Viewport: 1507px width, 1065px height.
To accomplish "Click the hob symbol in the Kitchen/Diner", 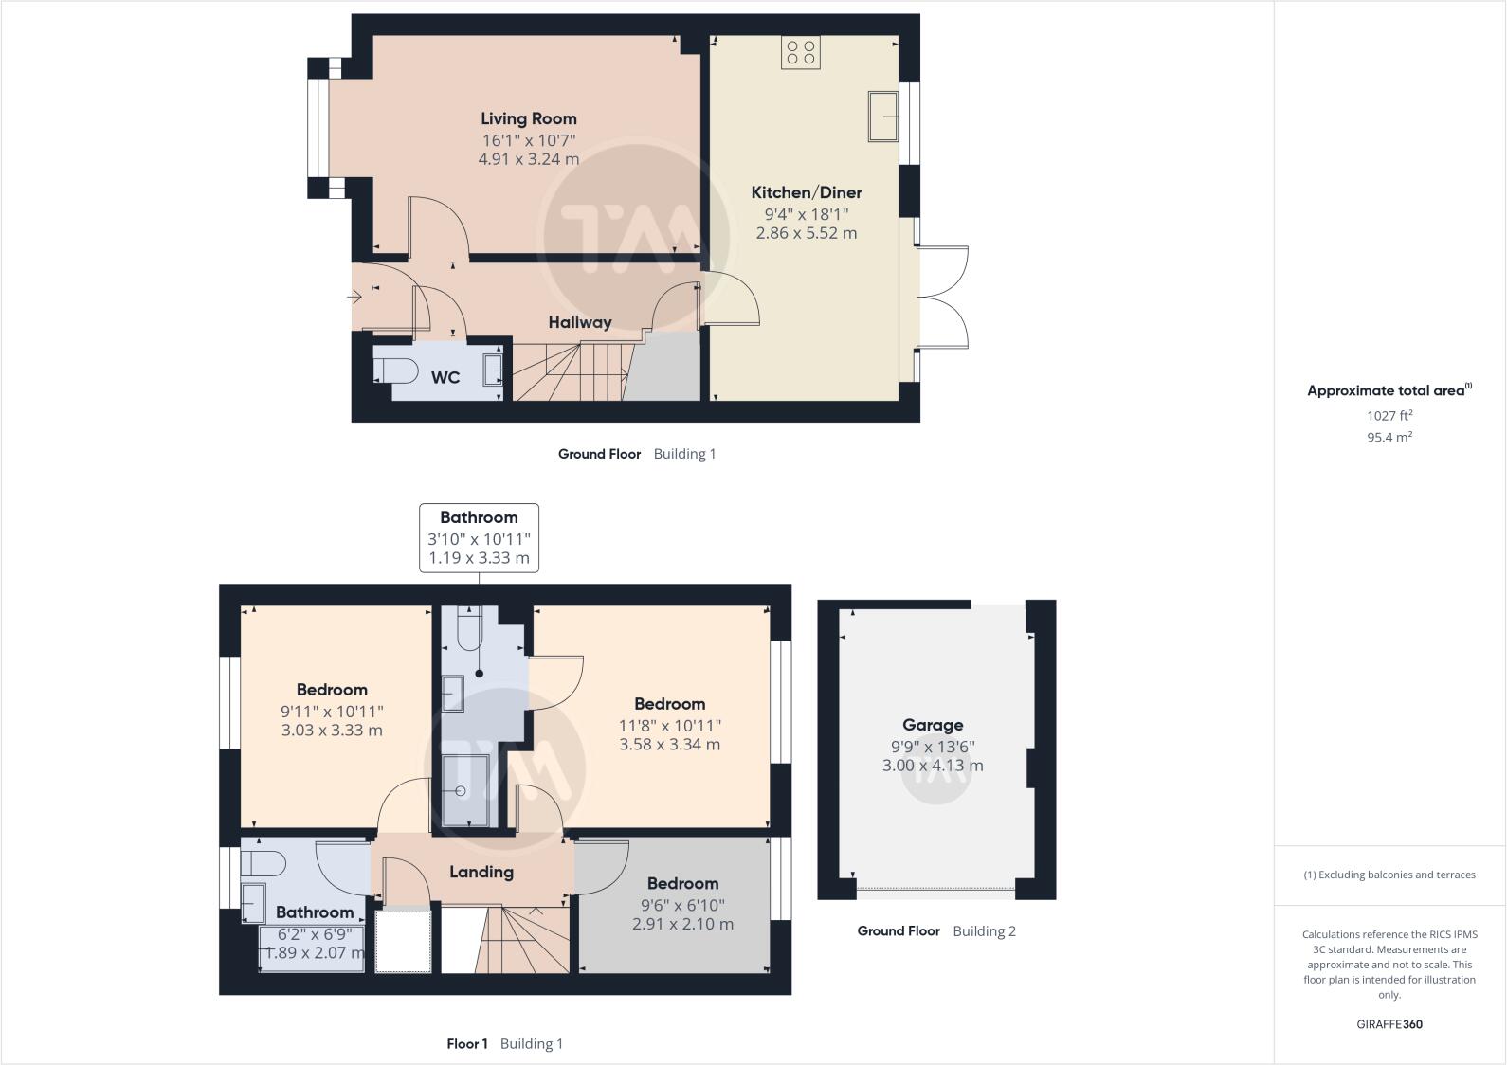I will click(801, 52).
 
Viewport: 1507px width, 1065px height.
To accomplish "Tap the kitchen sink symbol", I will click(883, 117).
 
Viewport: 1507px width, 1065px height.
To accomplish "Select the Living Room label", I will click(528, 118).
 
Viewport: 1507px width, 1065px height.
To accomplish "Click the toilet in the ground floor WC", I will click(395, 370).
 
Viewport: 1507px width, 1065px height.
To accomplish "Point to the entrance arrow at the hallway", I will click(355, 298).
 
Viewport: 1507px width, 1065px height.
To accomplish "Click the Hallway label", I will click(579, 322).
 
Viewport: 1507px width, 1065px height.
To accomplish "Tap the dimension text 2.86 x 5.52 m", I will click(806, 233).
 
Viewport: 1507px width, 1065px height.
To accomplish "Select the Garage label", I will click(933, 725).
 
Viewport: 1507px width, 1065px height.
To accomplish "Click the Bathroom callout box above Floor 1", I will click(479, 537).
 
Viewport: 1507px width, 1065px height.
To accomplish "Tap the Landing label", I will click(481, 872).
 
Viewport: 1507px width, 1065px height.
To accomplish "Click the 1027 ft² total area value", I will click(1389, 415).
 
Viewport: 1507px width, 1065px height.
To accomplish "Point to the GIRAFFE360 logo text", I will click(1389, 1024).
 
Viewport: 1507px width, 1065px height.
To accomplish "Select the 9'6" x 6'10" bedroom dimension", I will click(682, 904).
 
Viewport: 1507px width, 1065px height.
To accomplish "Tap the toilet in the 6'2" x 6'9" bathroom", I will click(263, 863).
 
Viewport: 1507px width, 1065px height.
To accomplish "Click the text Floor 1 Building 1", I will click(504, 1044).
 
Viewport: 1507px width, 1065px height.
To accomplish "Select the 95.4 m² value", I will click(1389, 437).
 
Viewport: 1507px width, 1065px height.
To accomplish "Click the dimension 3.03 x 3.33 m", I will click(332, 731).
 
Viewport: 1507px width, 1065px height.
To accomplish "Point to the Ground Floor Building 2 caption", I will click(935, 931).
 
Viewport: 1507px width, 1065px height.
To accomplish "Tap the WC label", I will click(445, 377).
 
